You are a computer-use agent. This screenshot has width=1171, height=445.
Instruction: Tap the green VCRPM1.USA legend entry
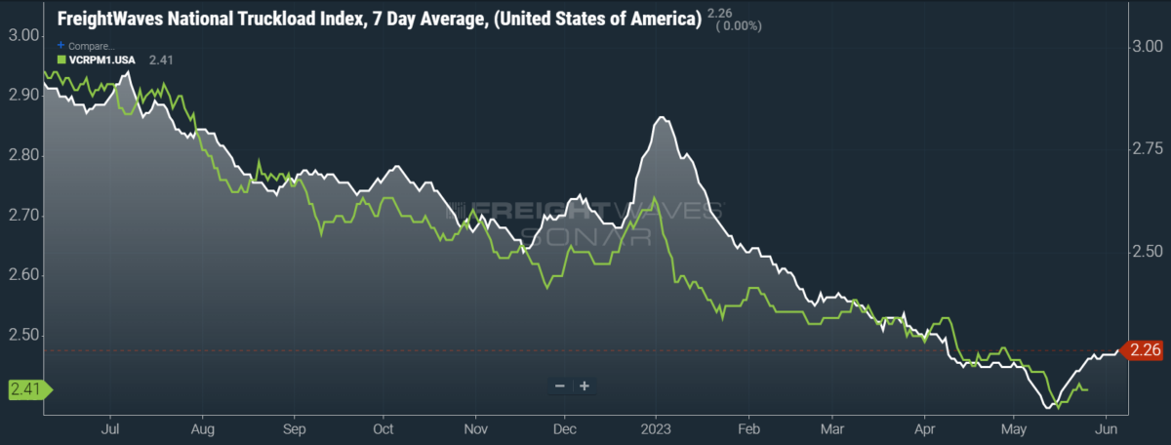click(x=97, y=61)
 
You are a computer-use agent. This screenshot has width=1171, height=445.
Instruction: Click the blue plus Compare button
click(x=61, y=45)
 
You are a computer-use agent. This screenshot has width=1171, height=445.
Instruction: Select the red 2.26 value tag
click(x=1143, y=349)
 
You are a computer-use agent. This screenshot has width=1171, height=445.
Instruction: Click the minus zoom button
click(x=560, y=385)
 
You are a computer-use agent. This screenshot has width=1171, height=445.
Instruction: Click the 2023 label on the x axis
click(x=656, y=429)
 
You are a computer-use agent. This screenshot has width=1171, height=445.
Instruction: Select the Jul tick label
click(x=109, y=429)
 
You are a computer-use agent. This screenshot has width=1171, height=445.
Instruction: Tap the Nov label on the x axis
click(x=476, y=429)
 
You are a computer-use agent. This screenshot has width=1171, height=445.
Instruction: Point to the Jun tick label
click(x=1107, y=429)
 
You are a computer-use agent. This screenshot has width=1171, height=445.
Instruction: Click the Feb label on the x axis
click(x=748, y=429)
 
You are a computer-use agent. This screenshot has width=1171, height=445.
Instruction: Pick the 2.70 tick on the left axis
click(x=24, y=215)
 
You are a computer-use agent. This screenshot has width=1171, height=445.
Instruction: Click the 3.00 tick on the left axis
click(x=24, y=35)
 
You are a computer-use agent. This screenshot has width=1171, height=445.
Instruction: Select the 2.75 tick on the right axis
click(x=1148, y=149)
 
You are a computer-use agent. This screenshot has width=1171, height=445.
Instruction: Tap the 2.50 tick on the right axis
click(x=1148, y=252)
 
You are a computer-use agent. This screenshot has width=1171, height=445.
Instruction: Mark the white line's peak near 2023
click(x=662, y=117)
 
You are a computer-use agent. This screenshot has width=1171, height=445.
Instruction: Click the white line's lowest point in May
click(x=1049, y=407)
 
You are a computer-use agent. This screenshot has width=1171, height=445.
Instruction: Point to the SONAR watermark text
click(x=586, y=237)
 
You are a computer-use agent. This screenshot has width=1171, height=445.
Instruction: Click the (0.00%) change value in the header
click(x=739, y=26)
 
